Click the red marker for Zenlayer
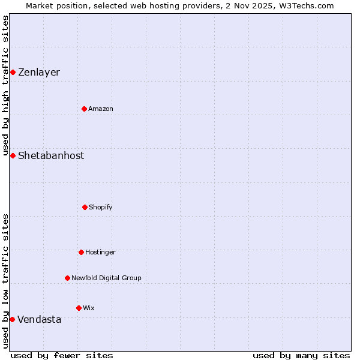13,73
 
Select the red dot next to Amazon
85,109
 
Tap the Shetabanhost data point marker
13,155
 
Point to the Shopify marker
85,207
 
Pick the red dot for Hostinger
81,252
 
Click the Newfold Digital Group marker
67,278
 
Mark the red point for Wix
79,308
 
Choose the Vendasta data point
12,319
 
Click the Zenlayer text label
39,73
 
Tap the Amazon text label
101,109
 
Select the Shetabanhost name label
51,155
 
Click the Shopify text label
101,208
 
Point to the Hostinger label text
100,253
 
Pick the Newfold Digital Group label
106,278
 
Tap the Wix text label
89,308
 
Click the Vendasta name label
40,319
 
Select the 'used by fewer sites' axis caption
62,355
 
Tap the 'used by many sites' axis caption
301,355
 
